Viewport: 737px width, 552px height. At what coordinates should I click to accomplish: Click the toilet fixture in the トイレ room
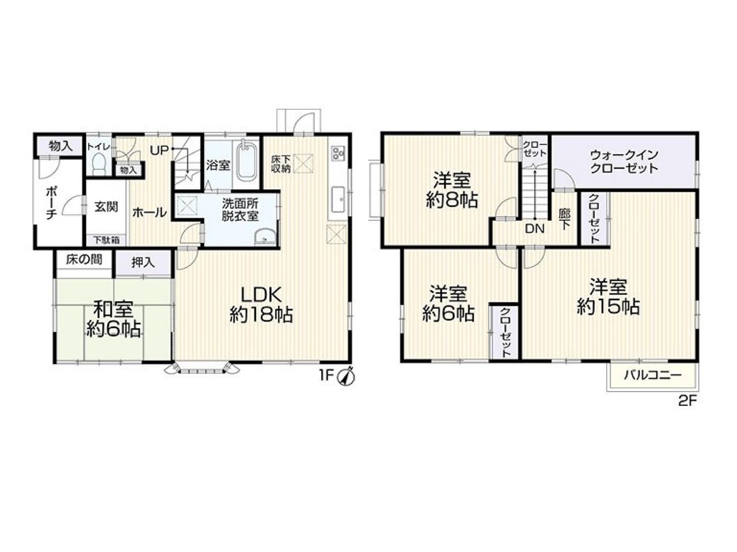[98, 164]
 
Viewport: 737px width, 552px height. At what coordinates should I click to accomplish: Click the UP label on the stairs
[159, 151]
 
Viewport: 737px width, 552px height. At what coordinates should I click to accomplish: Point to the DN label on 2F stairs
[534, 229]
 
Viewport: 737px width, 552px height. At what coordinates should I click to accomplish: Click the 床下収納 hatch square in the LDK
[304, 163]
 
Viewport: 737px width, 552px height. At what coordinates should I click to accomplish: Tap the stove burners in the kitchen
[337, 154]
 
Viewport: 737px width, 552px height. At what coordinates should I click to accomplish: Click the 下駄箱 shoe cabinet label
[106, 240]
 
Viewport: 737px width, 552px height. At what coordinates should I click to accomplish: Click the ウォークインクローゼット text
[624, 162]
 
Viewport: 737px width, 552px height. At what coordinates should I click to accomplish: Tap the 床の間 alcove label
[84, 259]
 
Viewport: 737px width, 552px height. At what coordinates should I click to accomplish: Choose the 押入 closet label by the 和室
[143, 263]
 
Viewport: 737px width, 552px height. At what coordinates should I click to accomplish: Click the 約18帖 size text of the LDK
[261, 315]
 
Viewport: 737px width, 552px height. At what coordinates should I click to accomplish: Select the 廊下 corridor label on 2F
[564, 219]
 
